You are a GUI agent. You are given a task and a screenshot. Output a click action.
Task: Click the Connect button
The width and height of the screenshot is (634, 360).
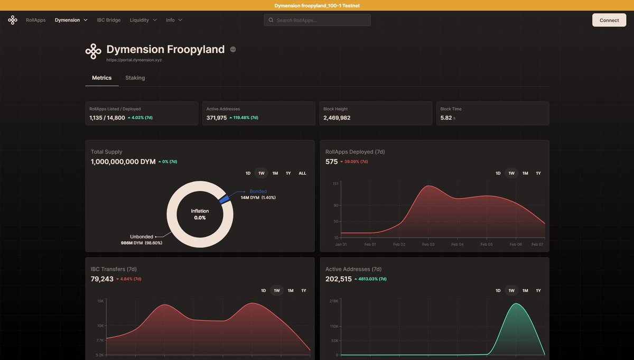pyautogui.click(x=609, y=20)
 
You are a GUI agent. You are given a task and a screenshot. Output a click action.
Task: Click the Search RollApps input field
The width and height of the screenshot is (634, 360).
pyautogui.click(x=317, y=20)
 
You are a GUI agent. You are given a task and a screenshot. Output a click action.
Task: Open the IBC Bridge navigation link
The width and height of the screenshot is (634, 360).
pyautogui.click(x=108, y=20)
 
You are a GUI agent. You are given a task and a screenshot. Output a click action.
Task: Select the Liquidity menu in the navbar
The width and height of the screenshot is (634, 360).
pyautogui.click(x=143, y=20)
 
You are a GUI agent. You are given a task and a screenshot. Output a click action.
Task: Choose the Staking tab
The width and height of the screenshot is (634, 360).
pyautogui.click(x=135, y=78)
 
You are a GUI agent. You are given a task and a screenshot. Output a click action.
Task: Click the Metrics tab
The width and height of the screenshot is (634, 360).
pyautogui.click(x=101, y=78)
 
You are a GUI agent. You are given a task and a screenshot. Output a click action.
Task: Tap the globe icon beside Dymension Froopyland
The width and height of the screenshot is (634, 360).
pyautogui.click(x=233, y=50)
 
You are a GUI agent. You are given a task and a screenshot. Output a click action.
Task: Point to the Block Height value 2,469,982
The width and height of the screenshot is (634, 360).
pyautogui.click(x=337, y=118)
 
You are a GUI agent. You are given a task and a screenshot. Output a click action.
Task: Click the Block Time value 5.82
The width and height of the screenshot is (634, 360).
pyautogui.click(x=446, y=118)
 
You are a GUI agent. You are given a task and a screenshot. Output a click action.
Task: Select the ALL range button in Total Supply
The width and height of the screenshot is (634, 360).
pyautogui.click(x=302, y=173)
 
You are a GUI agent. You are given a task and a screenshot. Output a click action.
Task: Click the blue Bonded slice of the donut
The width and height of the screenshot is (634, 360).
pyautogui.click(x=224, y=199)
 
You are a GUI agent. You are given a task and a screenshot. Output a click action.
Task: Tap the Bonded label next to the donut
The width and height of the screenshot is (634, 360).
pyautogui.click(x=258, y=191)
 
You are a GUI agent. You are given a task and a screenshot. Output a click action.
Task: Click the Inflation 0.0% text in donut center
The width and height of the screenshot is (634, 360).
pyautogui.click(x=200, y=214)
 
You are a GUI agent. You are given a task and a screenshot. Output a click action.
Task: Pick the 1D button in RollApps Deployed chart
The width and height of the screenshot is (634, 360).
pyautogui.click(x=498, y=173)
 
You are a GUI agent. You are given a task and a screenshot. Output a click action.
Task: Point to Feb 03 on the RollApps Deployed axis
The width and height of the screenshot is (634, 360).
pyautogui.click(x=428, y=245)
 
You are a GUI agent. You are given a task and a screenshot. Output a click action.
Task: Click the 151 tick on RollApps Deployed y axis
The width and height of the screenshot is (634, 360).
pyautogui.click(x=335, y=183)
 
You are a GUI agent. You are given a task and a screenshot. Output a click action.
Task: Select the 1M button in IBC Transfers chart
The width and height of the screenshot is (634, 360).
pyautogui.click(x=290, y=291)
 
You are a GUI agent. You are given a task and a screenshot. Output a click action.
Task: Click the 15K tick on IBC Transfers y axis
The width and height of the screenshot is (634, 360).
pyautogui.click(x=100, y=301)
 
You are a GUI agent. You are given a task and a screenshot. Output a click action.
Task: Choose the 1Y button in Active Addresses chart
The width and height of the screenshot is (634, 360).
pyautogui.click(x=538, y=291)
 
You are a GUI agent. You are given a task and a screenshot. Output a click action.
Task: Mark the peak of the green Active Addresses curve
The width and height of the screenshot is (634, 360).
pyautogui.click(x=516, y=304)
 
